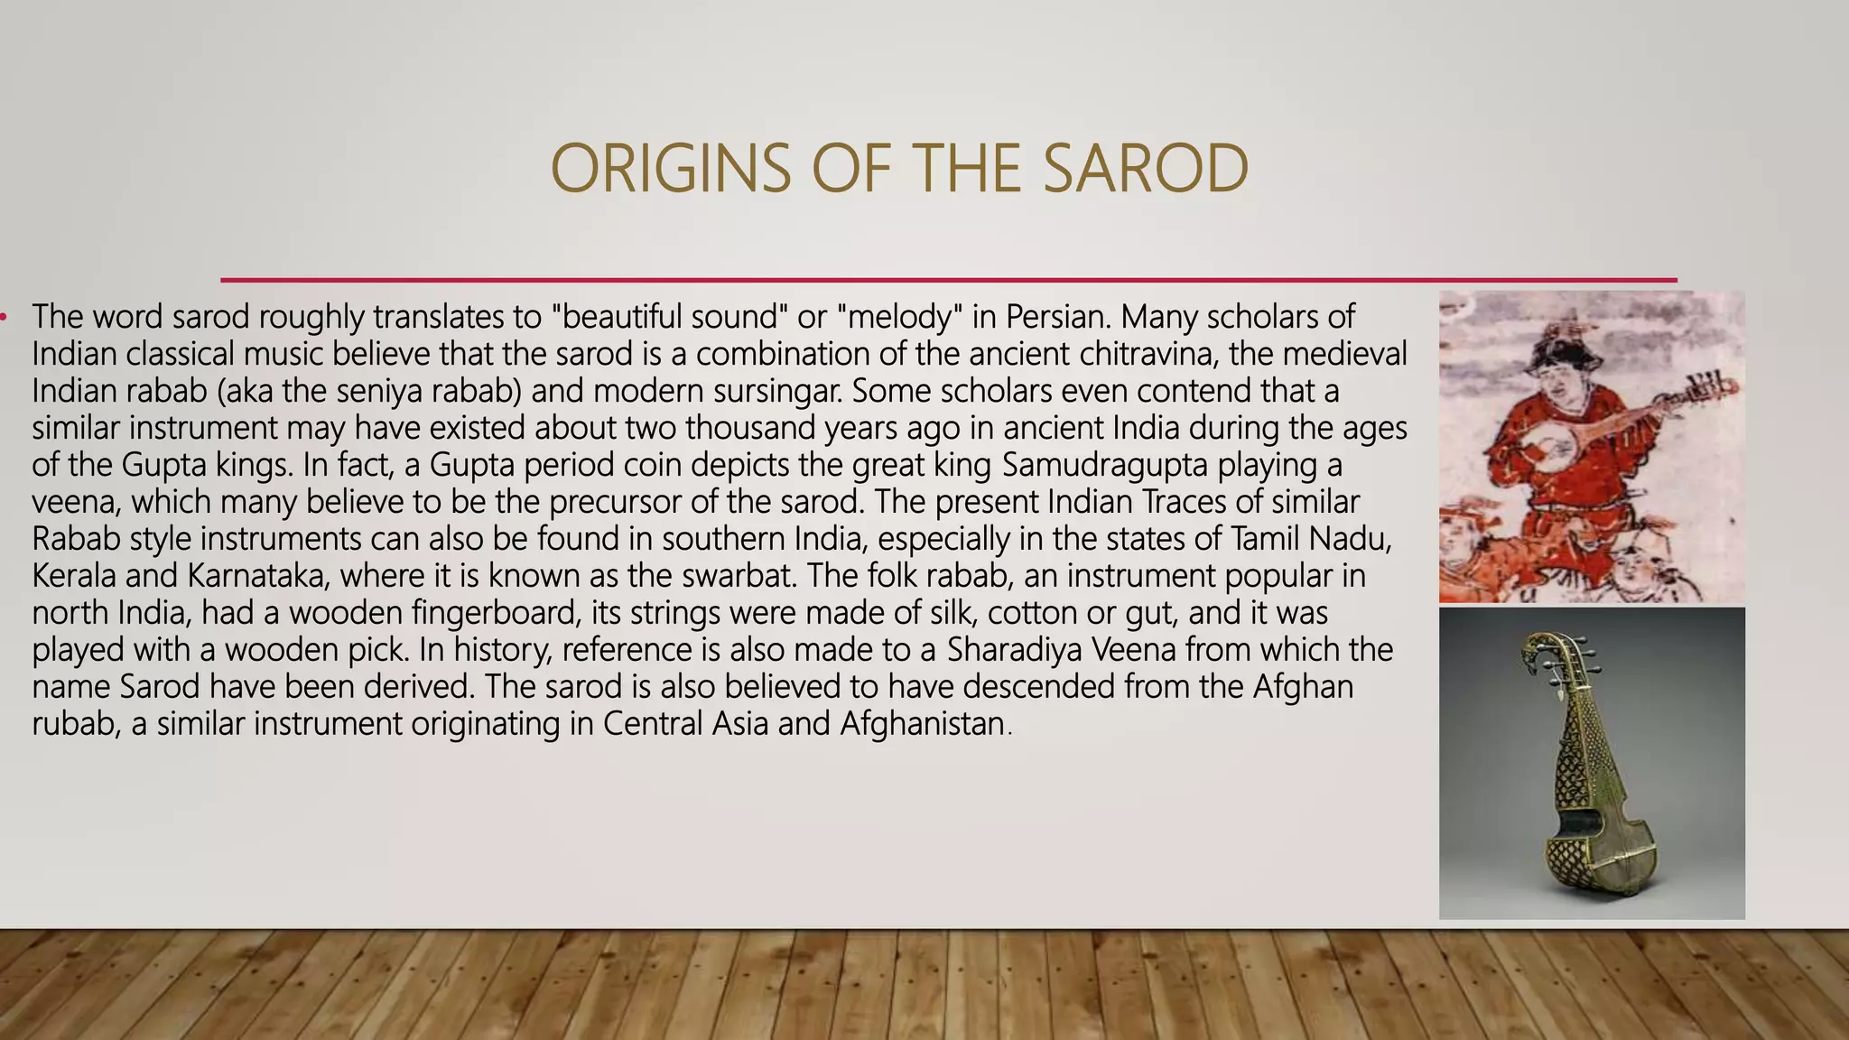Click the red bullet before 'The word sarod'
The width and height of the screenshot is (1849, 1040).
(4, 317)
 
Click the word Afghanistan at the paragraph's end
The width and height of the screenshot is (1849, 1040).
(922, 724)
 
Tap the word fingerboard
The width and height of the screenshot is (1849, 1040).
(495, 613)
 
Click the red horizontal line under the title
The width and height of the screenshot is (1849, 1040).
(948, 280)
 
